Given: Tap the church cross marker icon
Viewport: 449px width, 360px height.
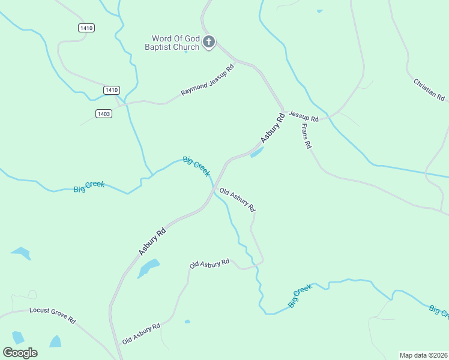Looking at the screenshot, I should tap(208, 42).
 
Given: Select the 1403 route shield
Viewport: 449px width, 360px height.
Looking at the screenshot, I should tap(103, 113).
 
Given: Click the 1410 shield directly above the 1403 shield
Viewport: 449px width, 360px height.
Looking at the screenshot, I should tap(111, 90).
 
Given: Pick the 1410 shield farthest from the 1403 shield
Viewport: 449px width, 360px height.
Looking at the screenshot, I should tap(86, 28).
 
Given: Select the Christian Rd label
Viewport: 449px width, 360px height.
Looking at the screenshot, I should tap(429, 89).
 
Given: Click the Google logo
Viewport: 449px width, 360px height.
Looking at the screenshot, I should tap(20, 352).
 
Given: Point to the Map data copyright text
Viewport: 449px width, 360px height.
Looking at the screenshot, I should tap(423, 355).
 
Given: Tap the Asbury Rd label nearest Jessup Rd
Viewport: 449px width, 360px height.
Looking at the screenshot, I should tap(271, 128).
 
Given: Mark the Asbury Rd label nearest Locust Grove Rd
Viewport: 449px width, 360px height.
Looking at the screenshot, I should tap(152, 241).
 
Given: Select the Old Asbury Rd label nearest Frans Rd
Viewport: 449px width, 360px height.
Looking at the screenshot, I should tap(238, 200).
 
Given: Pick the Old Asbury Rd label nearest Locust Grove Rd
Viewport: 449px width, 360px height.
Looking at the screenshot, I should tap(141, 334).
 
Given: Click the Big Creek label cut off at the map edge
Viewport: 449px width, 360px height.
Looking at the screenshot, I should tap(439, 311).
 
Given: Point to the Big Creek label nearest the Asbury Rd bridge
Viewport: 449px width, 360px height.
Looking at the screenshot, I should tap(196, 166).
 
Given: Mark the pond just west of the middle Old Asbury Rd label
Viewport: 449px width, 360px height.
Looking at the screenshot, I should tap(148, 268).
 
